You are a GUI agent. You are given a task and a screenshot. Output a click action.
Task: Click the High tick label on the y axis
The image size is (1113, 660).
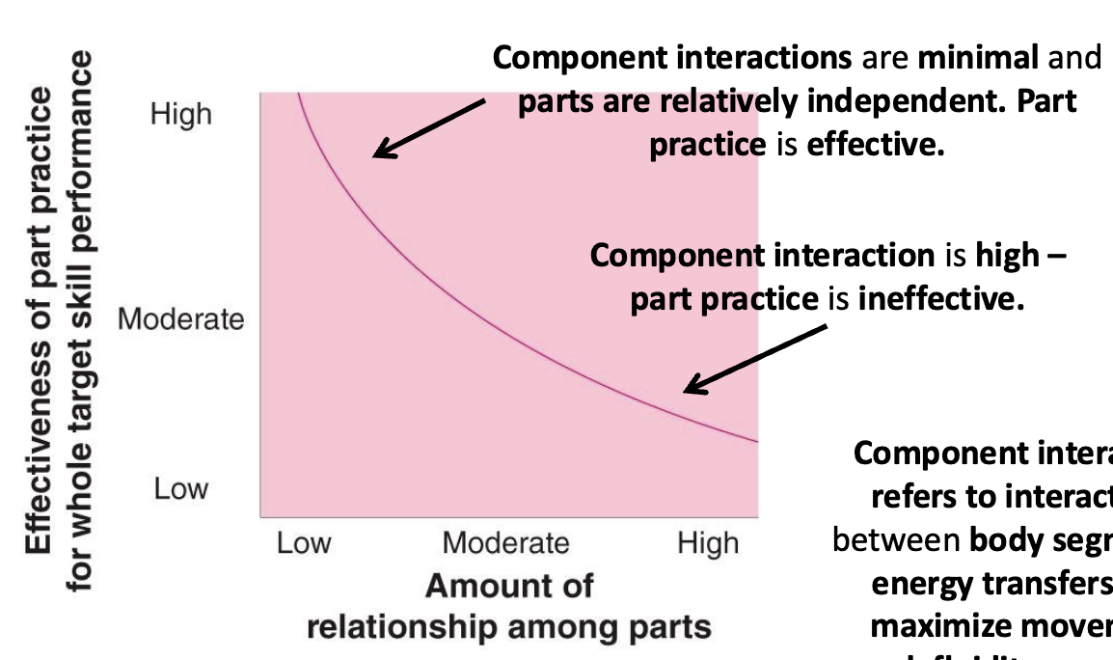(x=180, y=115)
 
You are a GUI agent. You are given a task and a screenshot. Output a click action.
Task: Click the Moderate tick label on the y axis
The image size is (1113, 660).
(x=181, y=318)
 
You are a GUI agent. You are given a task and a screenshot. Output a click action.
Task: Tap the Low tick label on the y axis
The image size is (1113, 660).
(x=180, y=488)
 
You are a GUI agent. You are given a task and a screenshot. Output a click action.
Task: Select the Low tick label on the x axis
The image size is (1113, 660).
(x=304, y=543)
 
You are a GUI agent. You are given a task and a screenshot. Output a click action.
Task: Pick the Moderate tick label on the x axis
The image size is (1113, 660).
(x=505, y=543)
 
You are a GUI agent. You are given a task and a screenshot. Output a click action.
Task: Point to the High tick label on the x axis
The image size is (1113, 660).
(x=707, y=543)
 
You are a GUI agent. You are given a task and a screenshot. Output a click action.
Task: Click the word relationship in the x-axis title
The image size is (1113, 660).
(x=407, y=628)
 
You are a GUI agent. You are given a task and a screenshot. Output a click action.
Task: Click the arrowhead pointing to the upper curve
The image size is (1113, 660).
(x=380, y=151)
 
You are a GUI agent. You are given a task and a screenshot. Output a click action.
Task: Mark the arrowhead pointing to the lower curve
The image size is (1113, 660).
(x=690, y=388)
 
